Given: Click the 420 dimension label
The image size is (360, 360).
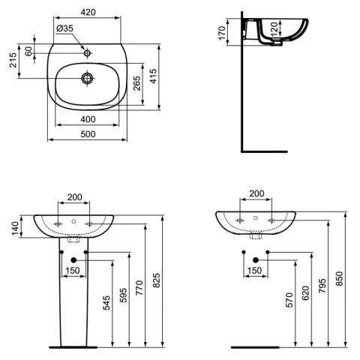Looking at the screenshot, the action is tap(88, 12).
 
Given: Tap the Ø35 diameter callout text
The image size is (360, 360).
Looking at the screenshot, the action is tap(65, 28).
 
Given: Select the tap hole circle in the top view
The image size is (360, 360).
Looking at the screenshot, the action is tap(87, 53).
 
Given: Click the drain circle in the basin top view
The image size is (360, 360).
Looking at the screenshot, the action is tap(87, 78).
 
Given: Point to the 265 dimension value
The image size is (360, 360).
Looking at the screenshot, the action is tap(136, 83).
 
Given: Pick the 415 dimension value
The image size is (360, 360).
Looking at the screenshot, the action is tap(153, 76).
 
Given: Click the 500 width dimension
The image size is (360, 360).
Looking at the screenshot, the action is tap(88, 134).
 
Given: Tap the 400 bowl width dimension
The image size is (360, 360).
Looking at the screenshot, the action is tap(88, 119).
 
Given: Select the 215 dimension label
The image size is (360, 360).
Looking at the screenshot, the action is tap(13, 60).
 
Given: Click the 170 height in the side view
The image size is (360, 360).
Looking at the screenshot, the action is tap(222, 33).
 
